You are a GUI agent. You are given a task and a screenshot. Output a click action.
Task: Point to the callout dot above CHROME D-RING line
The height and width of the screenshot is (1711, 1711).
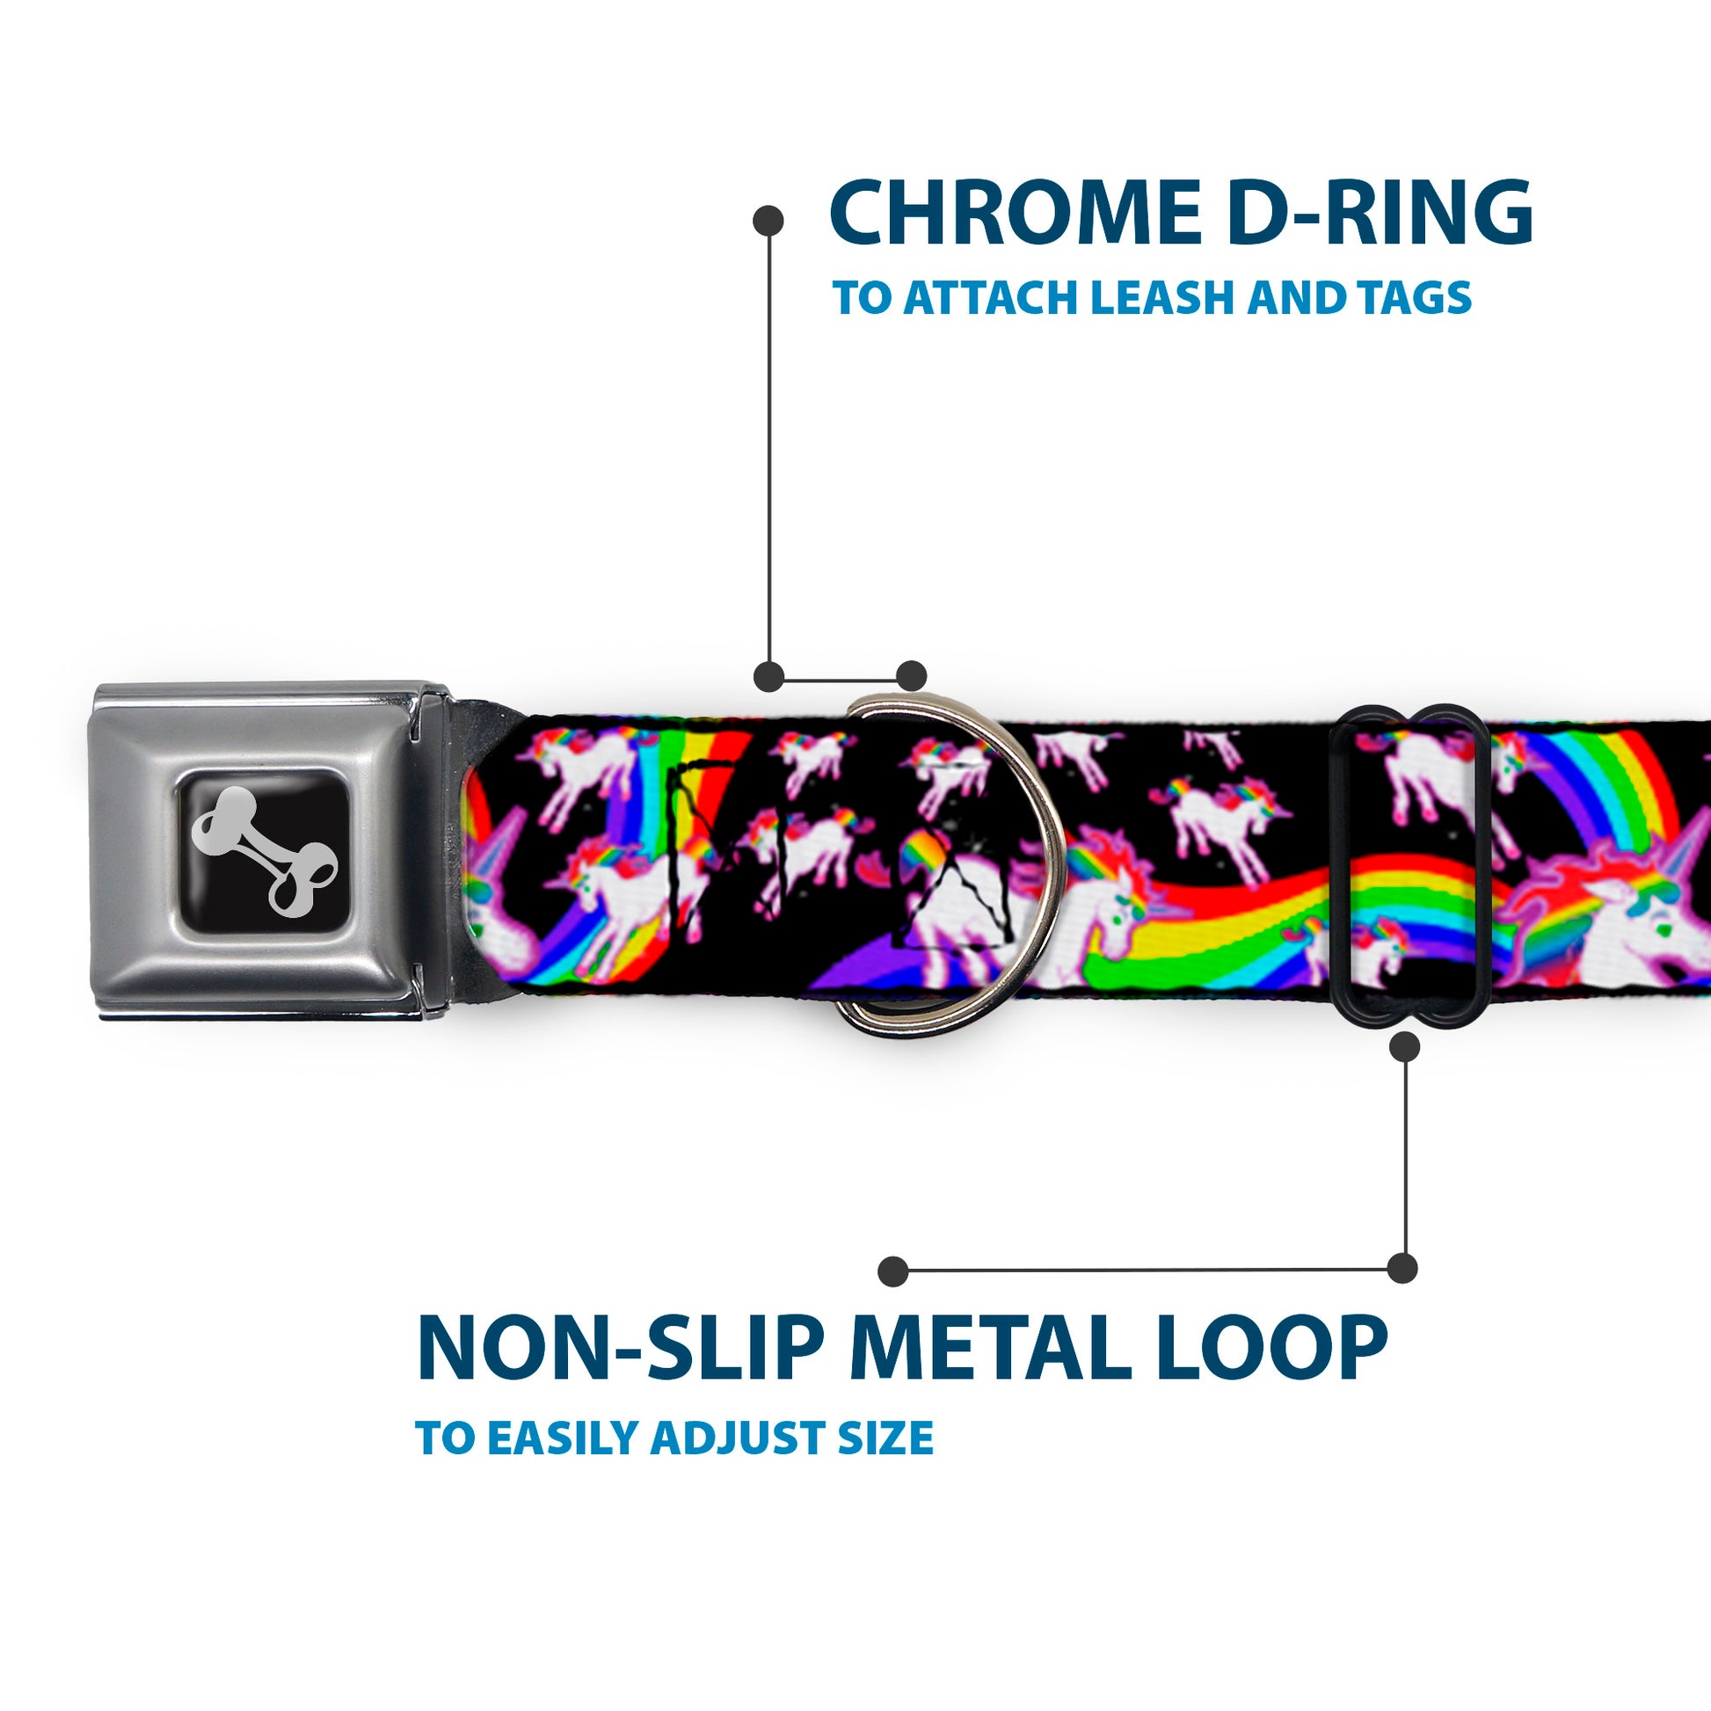[768, 221]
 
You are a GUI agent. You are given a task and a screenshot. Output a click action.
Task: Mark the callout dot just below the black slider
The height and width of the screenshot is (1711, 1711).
[1404, 1047]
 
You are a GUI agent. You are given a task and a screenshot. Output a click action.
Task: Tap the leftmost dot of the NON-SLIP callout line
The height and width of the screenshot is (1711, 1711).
[893, 1271]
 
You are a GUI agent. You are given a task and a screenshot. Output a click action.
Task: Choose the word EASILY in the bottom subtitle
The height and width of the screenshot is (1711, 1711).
[566, 1438]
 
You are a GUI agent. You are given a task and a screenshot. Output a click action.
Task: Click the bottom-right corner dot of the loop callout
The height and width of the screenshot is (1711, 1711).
[1402, 1268]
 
